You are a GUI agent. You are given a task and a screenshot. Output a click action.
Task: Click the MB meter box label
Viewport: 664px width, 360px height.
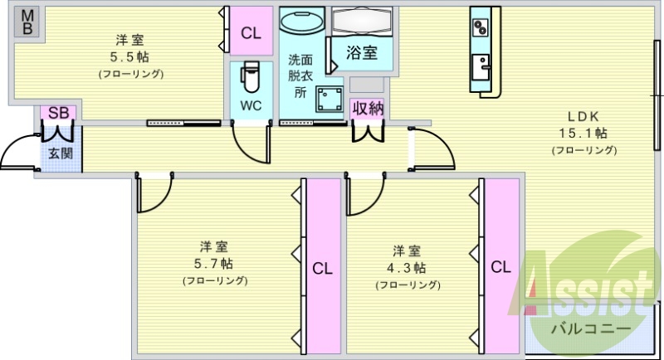(27, 22)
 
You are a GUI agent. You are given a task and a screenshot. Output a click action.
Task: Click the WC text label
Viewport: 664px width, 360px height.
(251, 105)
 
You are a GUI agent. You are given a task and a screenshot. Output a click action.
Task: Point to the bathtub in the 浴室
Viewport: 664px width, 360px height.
(361, 20)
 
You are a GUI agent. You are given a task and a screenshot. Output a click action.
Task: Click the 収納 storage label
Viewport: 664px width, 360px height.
(367, 108)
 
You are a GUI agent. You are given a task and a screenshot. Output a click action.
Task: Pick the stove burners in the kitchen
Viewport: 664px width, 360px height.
(481, 27)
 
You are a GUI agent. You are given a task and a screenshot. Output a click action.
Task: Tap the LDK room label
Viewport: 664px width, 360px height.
(583, 116)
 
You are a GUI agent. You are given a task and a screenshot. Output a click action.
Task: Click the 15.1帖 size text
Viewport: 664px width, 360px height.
(583, 133)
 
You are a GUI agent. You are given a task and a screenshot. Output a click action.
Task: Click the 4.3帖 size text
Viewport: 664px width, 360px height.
(408, 268)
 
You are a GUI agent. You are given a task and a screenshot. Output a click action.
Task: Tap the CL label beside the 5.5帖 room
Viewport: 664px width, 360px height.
(251, 33)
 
